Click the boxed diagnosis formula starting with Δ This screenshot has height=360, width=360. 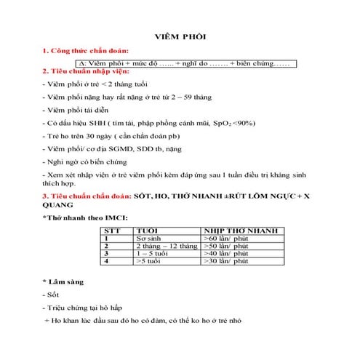[188, 63]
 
